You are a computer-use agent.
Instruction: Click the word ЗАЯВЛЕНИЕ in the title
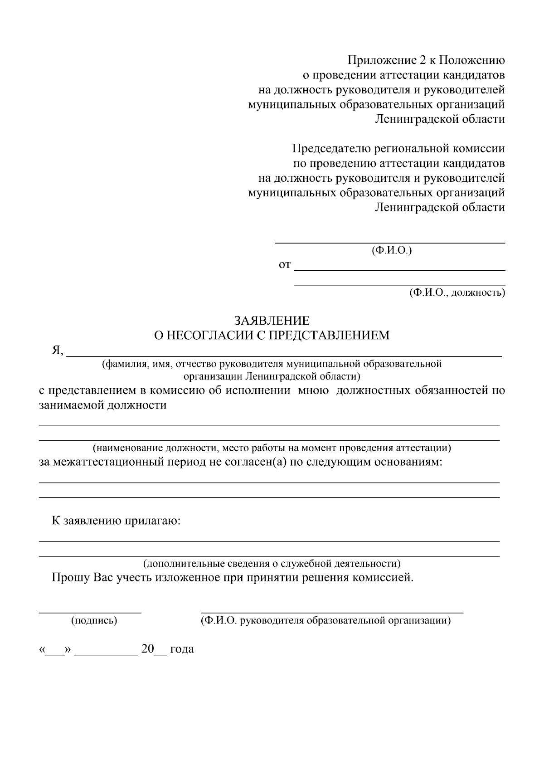(272, 321)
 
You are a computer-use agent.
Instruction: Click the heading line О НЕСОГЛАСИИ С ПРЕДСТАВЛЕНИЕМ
(272, 336)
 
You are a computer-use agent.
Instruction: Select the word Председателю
(330, 149)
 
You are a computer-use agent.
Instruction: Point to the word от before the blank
(284, 265)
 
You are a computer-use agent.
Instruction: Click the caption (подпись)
(94, 621)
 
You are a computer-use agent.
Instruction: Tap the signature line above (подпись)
(90, 612)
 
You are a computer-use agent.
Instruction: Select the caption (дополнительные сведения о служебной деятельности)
(272, 564)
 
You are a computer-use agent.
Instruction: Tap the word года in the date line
(182, 649)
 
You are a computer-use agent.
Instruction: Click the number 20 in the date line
(148, 649)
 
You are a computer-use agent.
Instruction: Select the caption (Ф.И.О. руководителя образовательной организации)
(325, 621)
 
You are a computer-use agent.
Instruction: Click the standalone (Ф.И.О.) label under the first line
(391, 250)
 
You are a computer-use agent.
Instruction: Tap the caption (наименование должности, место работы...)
(272, 448)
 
